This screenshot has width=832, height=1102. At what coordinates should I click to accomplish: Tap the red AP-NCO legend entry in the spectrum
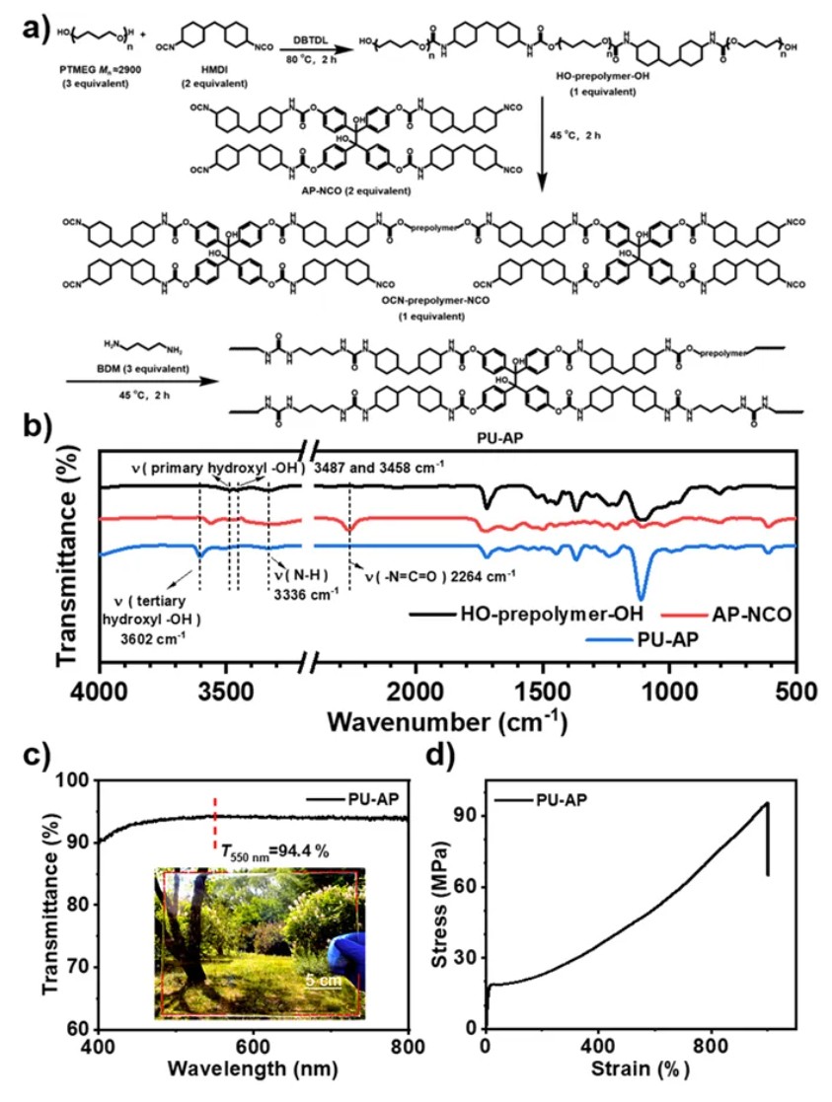click(748, 615)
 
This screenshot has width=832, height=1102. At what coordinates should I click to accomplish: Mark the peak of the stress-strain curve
click(766, 803)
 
